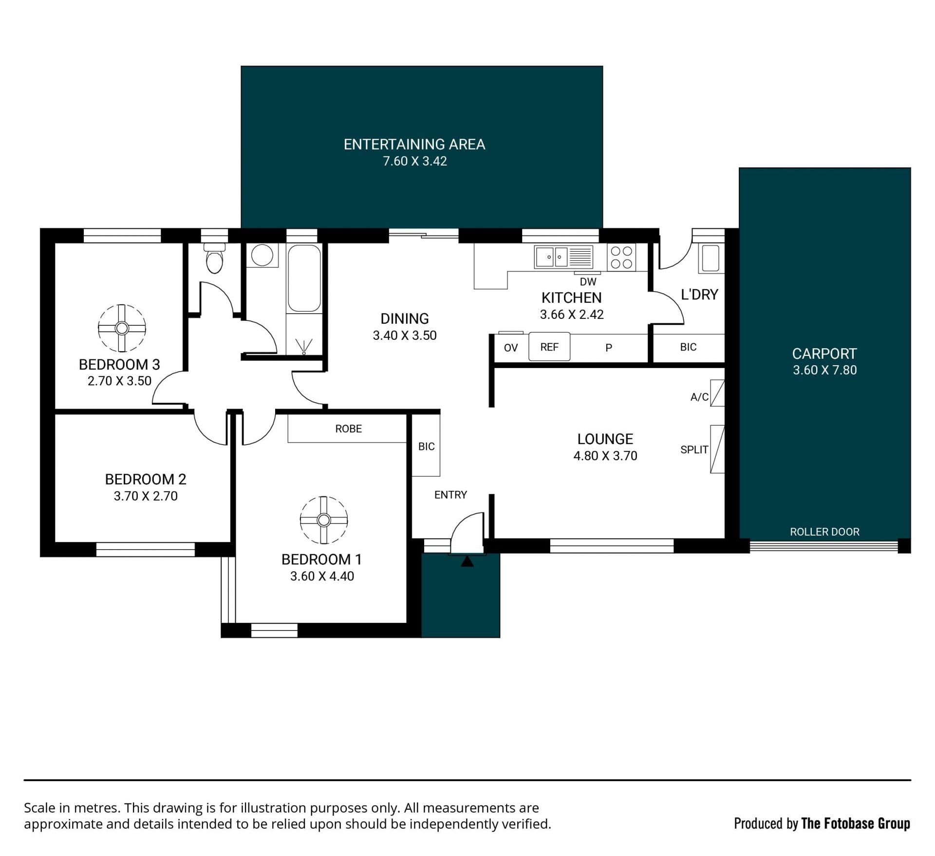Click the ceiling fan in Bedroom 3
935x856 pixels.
pos(122,328)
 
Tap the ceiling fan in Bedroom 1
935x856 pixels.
pos(323,520)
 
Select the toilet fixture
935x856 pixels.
pos(214,258)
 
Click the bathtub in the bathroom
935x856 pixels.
pos(304,278)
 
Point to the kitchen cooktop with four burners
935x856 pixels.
pos(621,257)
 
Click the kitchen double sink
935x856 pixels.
pos(563,257)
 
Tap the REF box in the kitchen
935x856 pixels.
pos(549,347)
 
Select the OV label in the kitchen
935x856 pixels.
pos(511,348)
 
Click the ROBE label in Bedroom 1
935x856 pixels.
pos(348,428)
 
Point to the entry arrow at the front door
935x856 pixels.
pos(467,561)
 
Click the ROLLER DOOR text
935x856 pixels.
pos(824,532)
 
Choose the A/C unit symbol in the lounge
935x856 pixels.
pos(717,393)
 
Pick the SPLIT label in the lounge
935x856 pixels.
pos(694,449)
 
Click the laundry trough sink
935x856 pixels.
pos(711,258)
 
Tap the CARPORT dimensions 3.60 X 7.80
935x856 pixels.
pos(824,370)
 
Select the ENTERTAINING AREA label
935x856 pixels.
pos(414,144)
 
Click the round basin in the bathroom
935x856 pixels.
pos(262,255)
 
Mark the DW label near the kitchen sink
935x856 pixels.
pos(588,281)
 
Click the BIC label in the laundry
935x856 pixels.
pos(688,347)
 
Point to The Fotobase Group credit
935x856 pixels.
pos(856,823)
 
